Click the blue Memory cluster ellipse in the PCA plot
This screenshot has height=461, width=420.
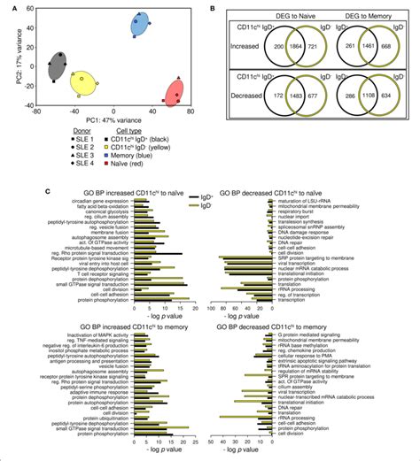140,26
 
